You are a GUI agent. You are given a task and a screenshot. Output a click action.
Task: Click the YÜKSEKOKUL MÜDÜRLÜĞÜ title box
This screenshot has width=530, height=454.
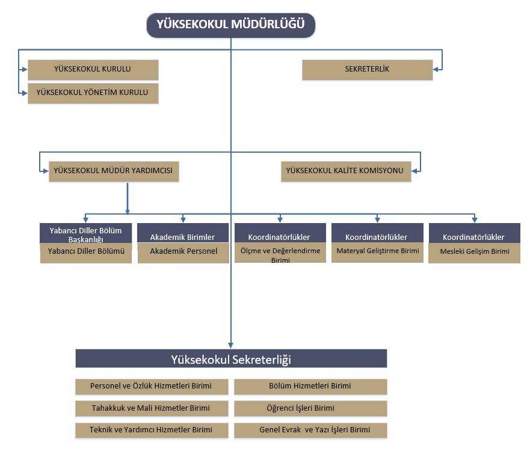pos(231,25)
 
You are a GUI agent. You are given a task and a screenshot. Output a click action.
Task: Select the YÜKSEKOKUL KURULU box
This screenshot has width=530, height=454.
pos(93,69)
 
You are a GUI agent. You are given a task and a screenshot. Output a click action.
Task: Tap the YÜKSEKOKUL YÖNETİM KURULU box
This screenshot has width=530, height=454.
pos(93,93)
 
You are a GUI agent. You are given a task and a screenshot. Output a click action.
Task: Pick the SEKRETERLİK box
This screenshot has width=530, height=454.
pos(367,69)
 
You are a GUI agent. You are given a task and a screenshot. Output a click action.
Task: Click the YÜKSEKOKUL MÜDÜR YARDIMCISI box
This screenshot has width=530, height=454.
pos(114,171)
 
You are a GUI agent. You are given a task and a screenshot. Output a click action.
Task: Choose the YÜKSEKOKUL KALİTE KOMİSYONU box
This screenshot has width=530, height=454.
pos(346,171)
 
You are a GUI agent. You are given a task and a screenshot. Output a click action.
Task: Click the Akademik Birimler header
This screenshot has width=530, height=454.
pos(182,236)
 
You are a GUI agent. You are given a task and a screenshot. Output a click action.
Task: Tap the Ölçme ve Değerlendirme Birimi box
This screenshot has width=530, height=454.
pos(280,254)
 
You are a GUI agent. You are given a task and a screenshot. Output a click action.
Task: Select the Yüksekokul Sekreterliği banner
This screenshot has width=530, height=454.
pos(231,359)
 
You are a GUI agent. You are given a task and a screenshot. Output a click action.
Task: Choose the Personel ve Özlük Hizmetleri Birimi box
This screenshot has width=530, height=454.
pos(152,386)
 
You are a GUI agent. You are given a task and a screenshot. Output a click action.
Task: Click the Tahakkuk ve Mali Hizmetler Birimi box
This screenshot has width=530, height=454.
pos(152,408)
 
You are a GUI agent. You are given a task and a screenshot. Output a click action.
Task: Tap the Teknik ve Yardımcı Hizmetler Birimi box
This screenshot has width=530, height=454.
pos(152,431)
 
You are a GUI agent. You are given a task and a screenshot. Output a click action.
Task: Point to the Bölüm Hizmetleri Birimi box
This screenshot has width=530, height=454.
pos(310,386)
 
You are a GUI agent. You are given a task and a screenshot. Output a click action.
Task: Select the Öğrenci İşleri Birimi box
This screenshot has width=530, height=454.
pos(310,408)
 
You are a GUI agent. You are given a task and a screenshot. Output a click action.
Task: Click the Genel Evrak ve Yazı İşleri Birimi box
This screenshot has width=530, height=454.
pos(310,431)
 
